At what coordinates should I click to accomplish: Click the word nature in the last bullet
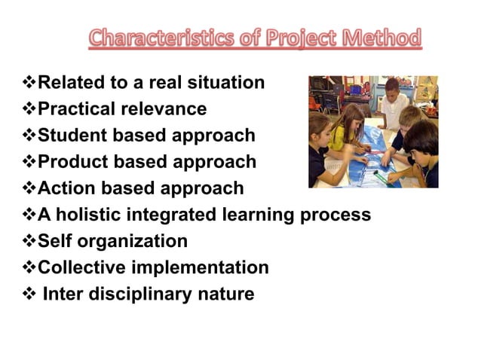[x=225, y=294]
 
